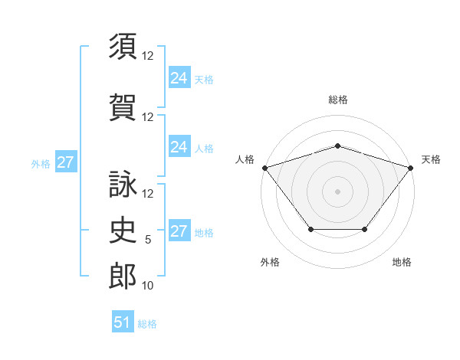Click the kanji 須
click(123, 46)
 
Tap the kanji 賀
click(123, 107)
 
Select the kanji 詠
click(123, 184)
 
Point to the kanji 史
click(123, 230)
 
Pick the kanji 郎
click(123, 276)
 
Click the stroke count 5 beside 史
click(148, 240)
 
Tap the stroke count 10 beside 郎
click(147, 286)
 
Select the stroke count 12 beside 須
click(147, 56)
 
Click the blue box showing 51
click(123, 321)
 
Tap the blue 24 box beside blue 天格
click(180, 77)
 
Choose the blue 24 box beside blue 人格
click(180, 146)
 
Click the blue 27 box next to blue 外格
click(66, 162)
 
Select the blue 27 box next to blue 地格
click(180, 230)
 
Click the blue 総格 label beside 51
click(147, 324)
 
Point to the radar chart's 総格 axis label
click(338, 100)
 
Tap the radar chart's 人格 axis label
click(245, 159)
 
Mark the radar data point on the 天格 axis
click(411, 168)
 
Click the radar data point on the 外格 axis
click(311, 229)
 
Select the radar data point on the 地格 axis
click(365, 229)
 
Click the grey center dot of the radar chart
click(337, 191)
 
